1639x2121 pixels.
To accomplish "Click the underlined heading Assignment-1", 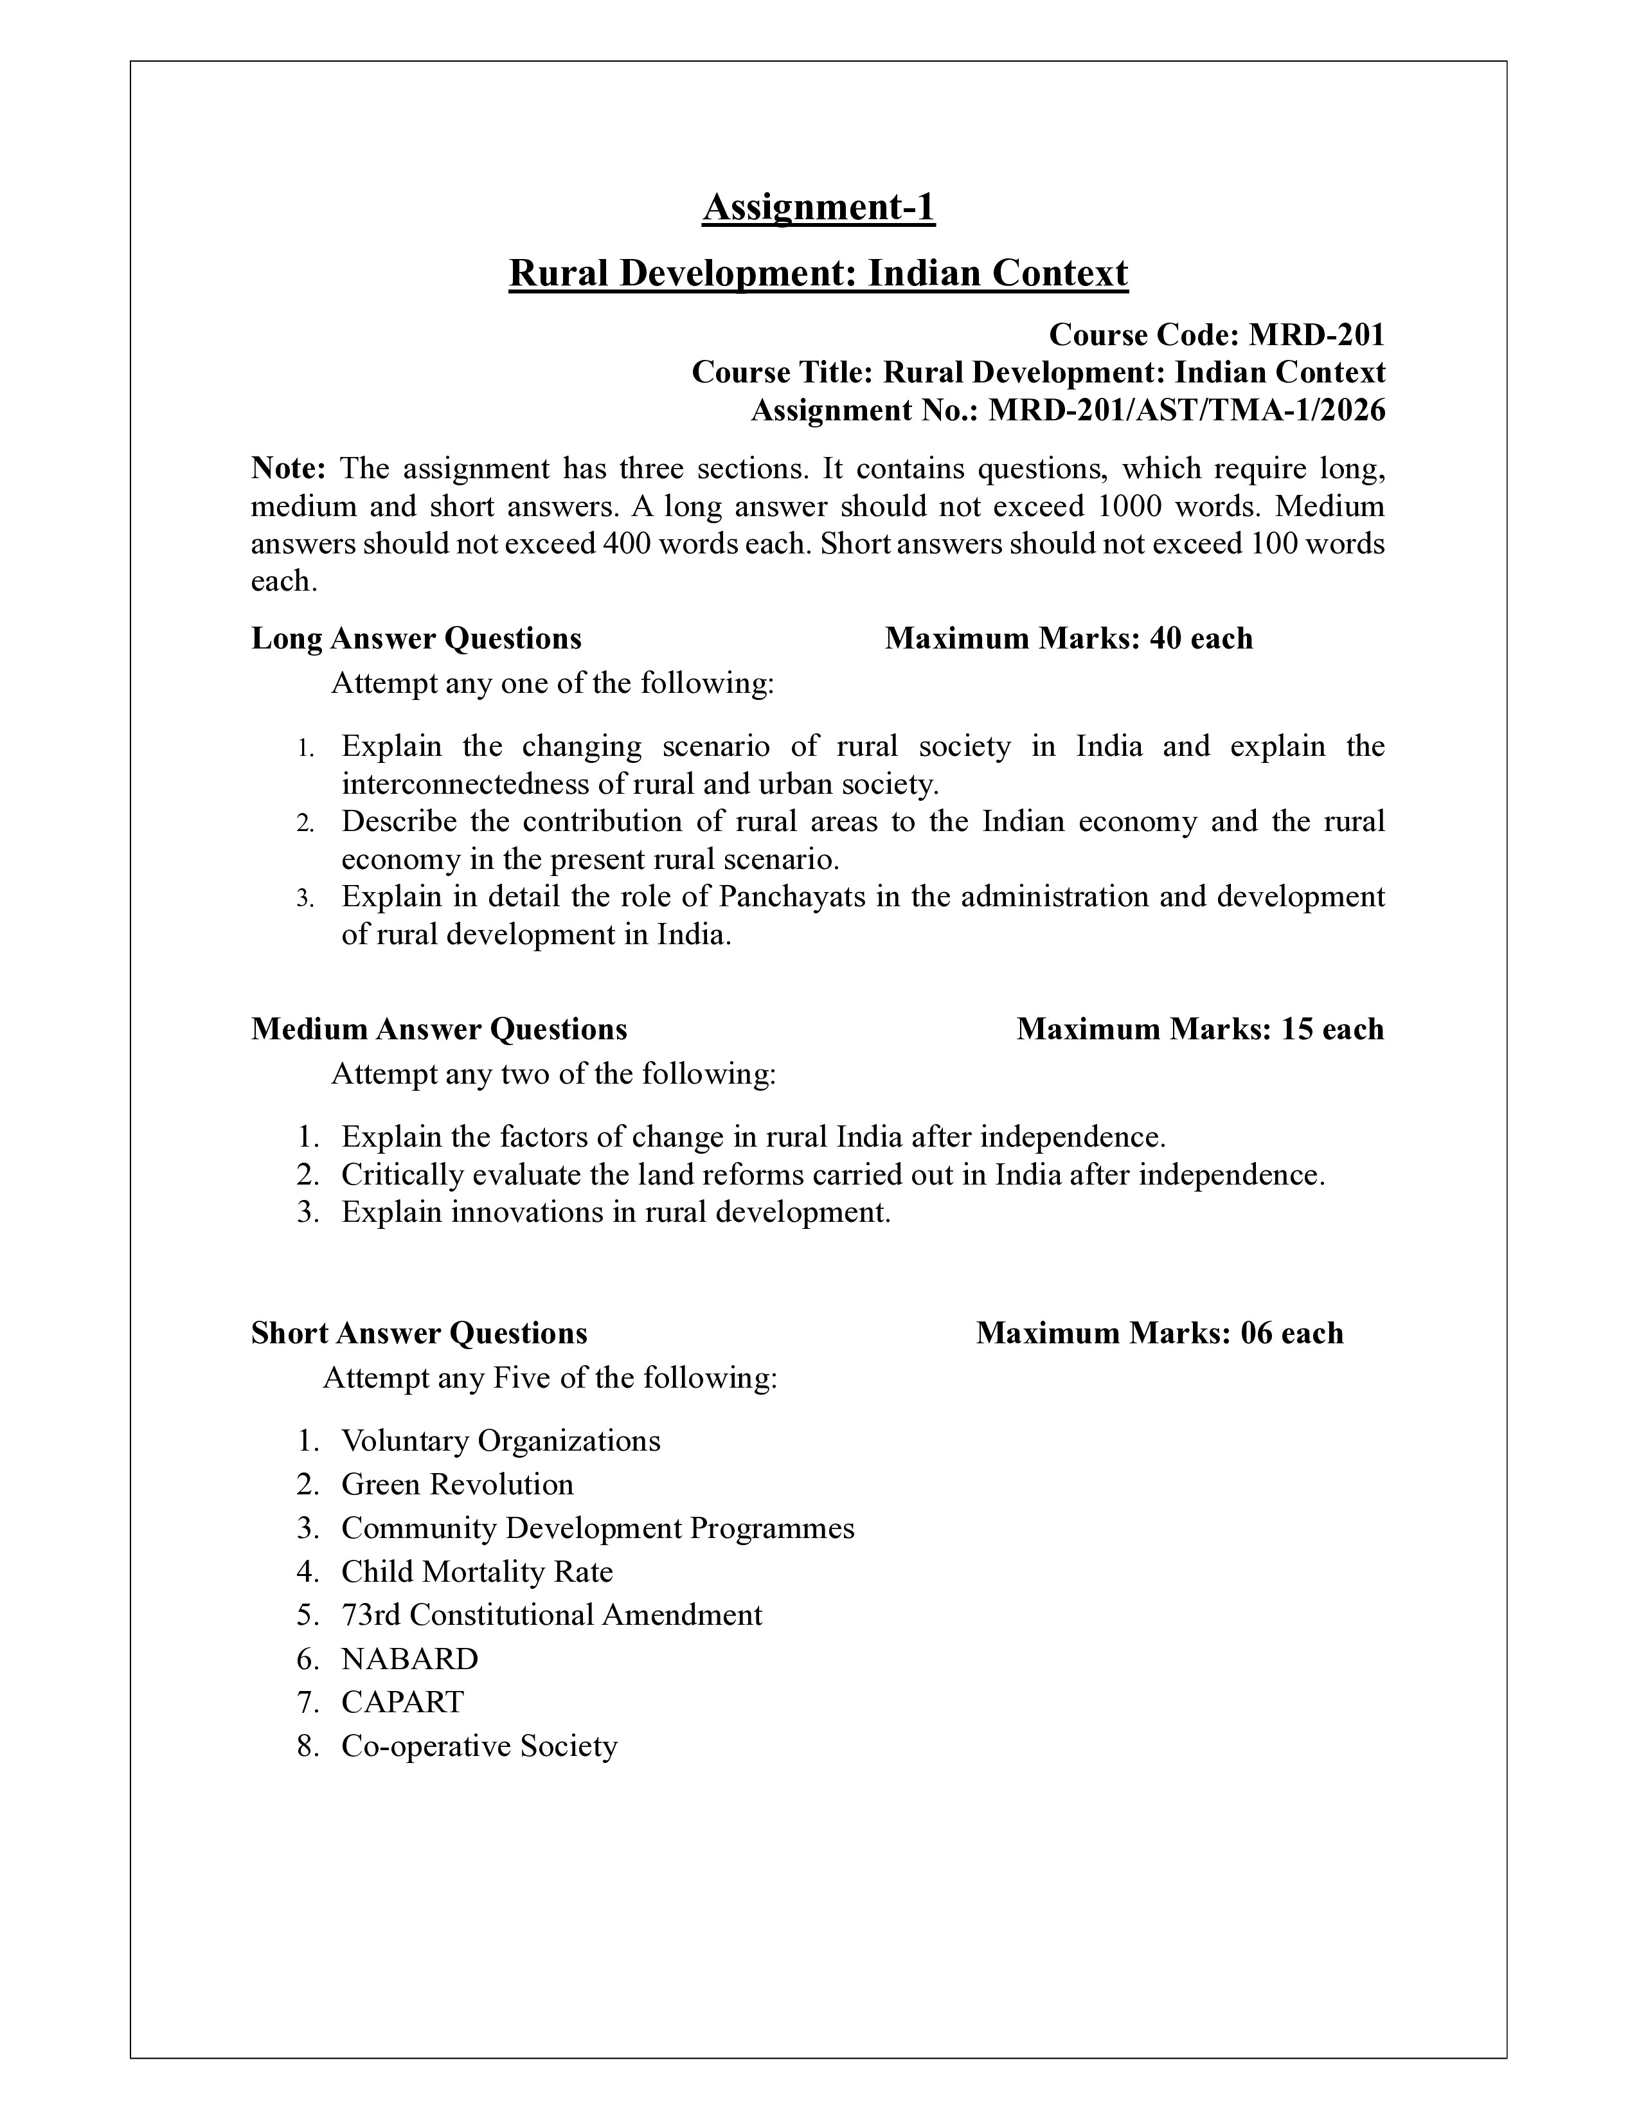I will click(818, 207).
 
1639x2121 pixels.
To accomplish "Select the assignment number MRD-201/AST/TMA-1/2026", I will click(1187, 411).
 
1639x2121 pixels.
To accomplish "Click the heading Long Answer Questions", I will click(416, 638).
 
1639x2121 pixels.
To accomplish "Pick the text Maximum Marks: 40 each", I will click(1068, 638).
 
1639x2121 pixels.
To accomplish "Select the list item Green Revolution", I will click(458, 1485).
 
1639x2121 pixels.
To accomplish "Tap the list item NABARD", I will click(410, 1659).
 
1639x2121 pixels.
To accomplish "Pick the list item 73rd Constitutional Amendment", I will click(551, 1615).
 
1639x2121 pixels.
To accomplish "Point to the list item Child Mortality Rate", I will click(477, 1571).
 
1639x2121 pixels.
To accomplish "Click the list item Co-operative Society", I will click(479, 1746).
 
